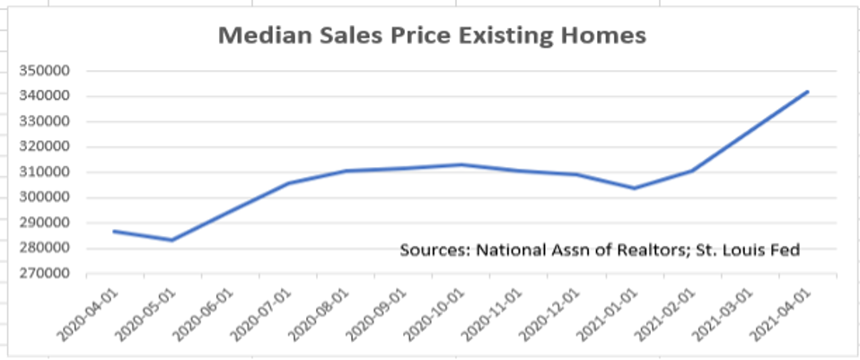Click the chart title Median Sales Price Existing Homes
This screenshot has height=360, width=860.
(x=432, y=36)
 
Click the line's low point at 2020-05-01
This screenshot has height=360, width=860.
(x=171, y=240)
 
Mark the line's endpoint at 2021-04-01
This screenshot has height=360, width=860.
(x=808, y=92)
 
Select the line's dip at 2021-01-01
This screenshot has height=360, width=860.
(x=634, y=188)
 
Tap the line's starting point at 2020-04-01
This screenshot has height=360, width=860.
(x=114, y=231)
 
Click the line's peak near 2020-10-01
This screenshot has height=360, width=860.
(x=461, y=164)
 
